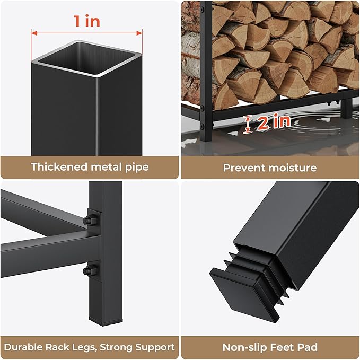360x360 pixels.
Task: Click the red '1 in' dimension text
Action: pos(87,21)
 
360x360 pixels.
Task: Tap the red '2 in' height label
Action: pos(273,122)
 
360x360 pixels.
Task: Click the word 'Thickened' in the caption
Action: pos(59,166)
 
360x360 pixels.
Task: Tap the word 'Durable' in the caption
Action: pos(23,347)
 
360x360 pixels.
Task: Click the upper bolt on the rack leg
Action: pos(90,220)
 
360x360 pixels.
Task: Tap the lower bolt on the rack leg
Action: pos(90,270)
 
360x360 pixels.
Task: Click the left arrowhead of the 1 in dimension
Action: pos(34,33)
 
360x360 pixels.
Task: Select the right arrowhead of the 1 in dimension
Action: pos(139,33)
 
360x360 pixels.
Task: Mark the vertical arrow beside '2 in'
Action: pos(247,124)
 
